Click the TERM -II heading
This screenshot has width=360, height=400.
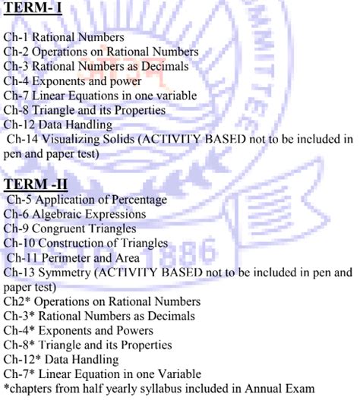coord(36,184)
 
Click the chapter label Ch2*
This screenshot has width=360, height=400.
coord(16,301)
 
